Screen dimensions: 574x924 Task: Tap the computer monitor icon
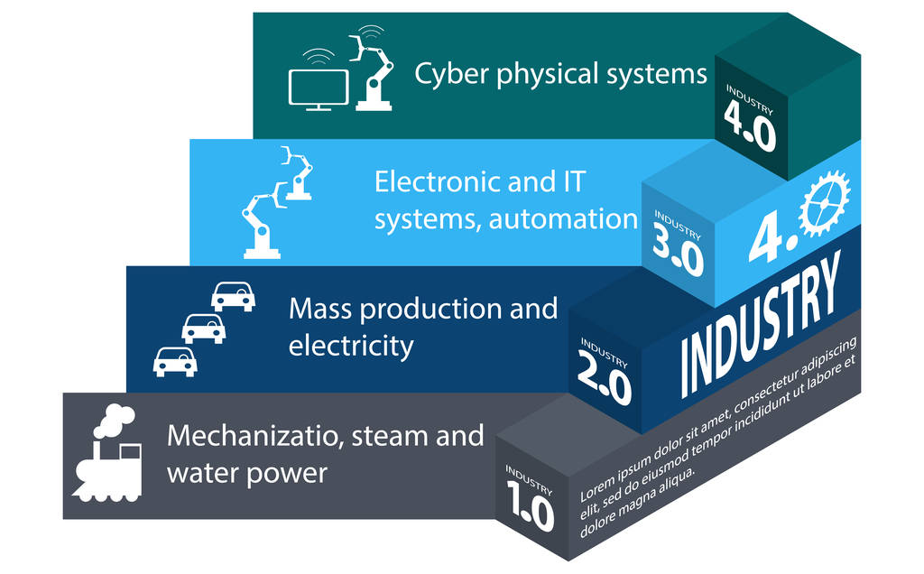click(318, 89)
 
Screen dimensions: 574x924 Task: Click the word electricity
click(351, 346)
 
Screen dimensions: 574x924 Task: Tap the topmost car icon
click(233, 296)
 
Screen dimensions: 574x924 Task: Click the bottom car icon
click(175, 361)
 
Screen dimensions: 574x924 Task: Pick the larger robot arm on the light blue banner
click(261, 226)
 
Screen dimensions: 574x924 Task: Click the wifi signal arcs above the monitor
click(318, 57)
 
